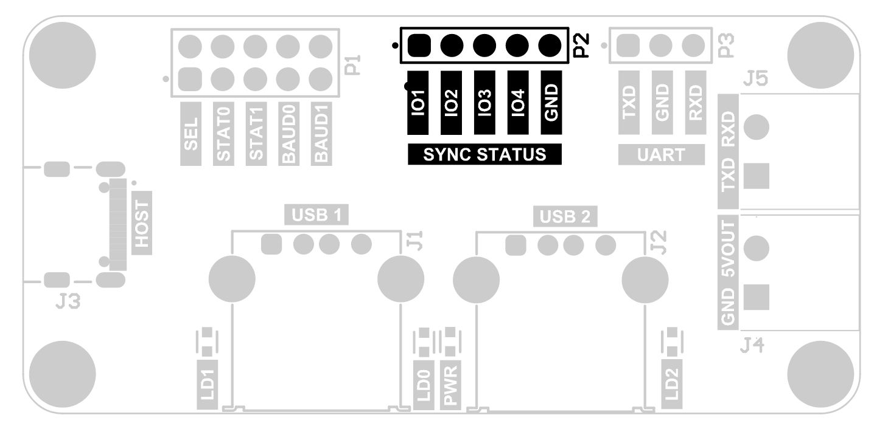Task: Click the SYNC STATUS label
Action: point(484,154)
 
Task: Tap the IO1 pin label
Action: point(418,103)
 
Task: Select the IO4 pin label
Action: point(517,103)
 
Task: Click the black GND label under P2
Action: point(551,103)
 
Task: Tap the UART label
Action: point(661,154)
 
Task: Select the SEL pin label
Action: point(192,134)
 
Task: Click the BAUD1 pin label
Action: point(323,134)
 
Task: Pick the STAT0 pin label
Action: point(224,134)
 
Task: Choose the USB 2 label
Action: point(565,214)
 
